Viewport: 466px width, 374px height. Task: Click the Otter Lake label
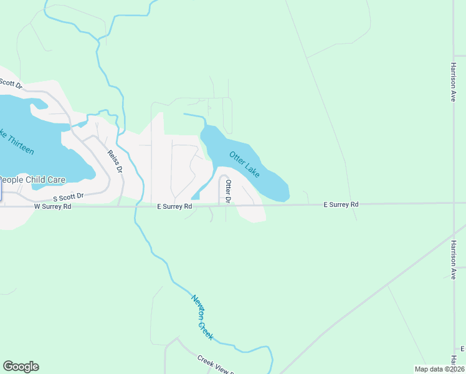[x=244, y=165]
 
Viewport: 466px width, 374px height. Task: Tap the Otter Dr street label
[x=229, y=191]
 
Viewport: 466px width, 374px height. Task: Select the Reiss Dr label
[x=115, y=161]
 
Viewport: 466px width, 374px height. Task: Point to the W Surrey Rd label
[x=52, y=206]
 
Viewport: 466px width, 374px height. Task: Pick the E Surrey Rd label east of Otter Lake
[x=341, y=204]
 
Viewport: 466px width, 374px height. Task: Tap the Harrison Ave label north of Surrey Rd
[x=454, y=81]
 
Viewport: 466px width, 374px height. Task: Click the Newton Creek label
[x=202, y=317]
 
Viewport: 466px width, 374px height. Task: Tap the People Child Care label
[x=32, y=180]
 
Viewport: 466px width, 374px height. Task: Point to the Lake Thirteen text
[x=17, y=143]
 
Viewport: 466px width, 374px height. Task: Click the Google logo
[x=21, y=367]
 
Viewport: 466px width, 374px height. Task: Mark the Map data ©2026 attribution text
[x=440, y=369]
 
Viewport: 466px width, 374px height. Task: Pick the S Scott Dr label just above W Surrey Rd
[x=69, y=196]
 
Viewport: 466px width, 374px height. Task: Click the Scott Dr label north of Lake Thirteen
[x=11, y=82]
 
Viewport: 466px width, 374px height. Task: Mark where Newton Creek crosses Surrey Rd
[x=135, y=205]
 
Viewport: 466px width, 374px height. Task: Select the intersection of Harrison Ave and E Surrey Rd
[x=454, y=203]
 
